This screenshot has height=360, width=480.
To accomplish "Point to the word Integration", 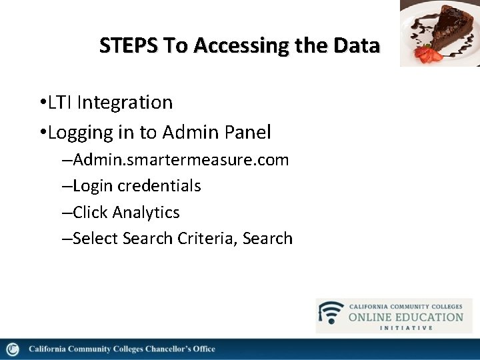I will [x=125, y=103].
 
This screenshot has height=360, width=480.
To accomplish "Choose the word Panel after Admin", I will [x=247, y=133].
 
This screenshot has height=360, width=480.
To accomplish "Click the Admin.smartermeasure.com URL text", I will [x=181, y=160].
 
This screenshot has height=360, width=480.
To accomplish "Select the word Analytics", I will [x=146, y=213].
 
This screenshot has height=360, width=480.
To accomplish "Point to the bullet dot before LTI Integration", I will [x=42, y=103].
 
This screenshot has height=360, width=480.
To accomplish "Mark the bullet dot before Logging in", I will [x=42, y=133].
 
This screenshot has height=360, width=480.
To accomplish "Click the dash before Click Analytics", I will [x=67, y=213].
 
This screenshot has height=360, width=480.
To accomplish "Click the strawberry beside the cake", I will [x=424, y=53].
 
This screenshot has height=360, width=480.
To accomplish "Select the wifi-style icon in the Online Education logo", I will [x=331, y=313].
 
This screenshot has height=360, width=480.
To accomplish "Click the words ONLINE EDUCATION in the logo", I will [x=405, y=317].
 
